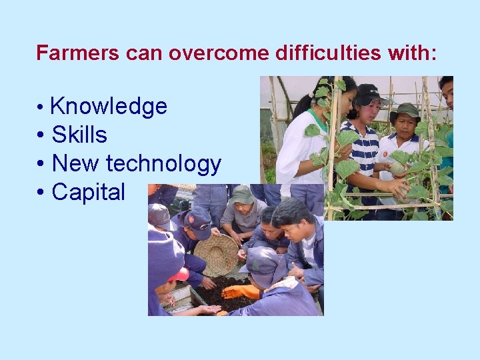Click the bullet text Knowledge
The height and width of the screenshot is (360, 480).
point(109,106)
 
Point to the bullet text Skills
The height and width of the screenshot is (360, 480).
point(79,135)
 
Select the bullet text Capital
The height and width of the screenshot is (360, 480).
point(88,192)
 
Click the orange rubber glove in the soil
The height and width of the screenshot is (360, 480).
point(241,291)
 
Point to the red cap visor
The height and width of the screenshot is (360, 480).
point(179,275)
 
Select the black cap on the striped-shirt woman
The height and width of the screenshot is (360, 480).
point(369,94)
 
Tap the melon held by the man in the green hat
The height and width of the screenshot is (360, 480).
point(398,167)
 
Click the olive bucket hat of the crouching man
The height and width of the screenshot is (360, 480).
point(242,195)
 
